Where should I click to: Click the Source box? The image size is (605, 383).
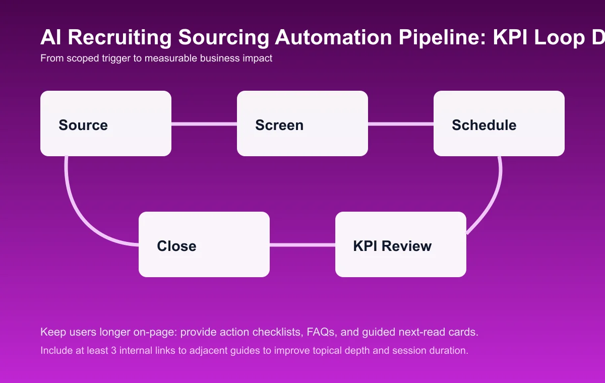click(106, 123)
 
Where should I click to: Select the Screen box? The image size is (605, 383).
click(302, 123)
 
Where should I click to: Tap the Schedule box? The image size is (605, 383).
click(499, 123)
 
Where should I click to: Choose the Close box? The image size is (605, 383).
click(204, 244)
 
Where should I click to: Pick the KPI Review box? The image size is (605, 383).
click(401, 244)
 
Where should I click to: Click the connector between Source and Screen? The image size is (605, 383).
click(204, 123)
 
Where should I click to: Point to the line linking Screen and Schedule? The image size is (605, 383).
click(401, 123)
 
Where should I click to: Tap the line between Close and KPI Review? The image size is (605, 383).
click(302, 245)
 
